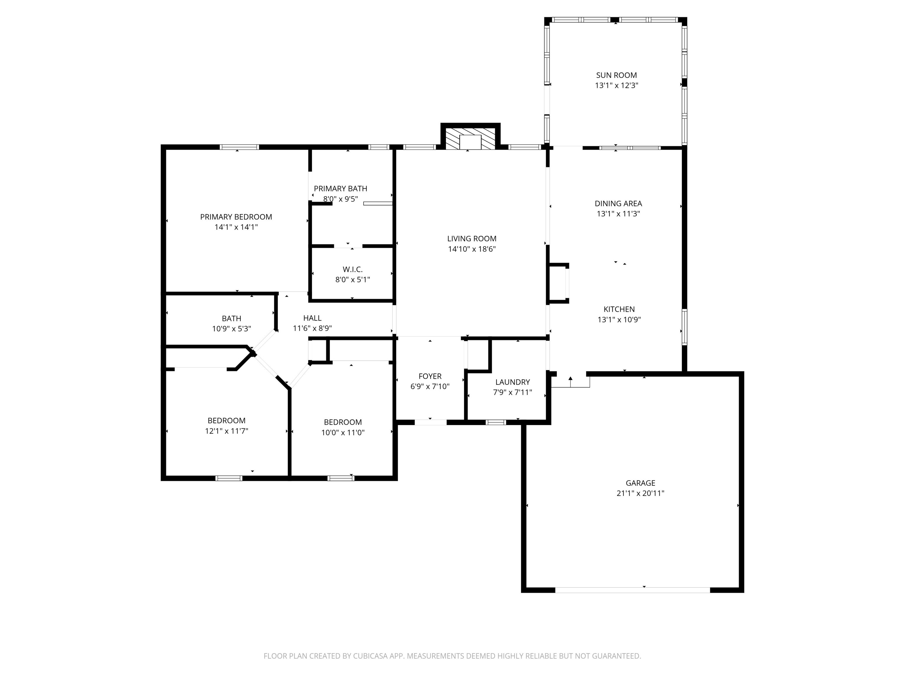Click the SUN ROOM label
coord(616,75)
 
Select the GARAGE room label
coord(640,483)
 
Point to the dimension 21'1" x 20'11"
coord(640,493)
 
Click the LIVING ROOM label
coord(472,239)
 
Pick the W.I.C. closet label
coord(353,269)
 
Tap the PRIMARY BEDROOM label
coord(236,217)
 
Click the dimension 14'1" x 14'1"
coord(236,227)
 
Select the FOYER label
coord(430,376)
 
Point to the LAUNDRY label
coord(513,382)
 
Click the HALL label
coord(312,318)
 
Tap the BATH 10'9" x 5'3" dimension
coord(232,329)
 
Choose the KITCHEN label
coord(619,309)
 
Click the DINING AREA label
coord(618,203)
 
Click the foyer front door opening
coord(430,422)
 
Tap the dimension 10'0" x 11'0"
coord(343,432)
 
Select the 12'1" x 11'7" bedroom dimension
coord(227,431)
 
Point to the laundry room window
coord(496,422)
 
